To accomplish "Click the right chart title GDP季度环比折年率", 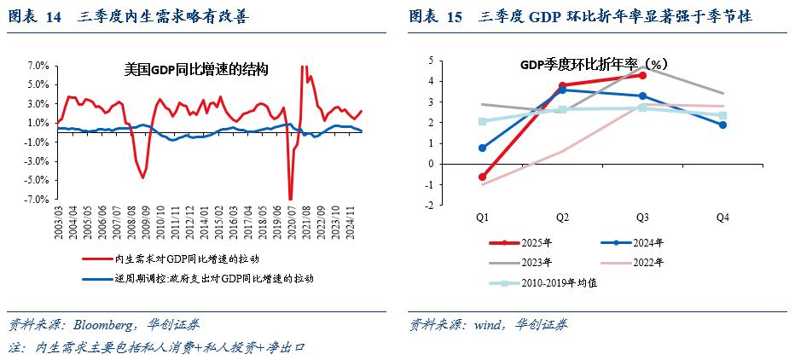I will pyautogui.click(x=593, y=65).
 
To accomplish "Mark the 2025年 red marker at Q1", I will pyautogui.click(x=483, y=177).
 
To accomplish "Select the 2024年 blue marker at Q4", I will pyautogui.click(x=723, y=125).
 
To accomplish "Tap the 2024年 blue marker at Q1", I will pyautogui.click(x=483, y=148).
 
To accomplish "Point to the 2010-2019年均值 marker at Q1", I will pyautogui.click(x=483, y=121).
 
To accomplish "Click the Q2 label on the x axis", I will pyautogui.click(x=563, y=218).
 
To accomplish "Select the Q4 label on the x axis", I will pyautogui.click(x=723, y=218).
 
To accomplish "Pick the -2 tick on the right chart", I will pyautogui.click(x=430, y=206).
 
